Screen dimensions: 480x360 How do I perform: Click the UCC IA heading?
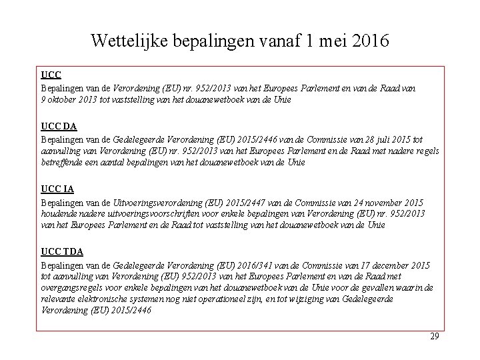[x=57, y=190]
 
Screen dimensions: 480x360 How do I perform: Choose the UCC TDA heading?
[x=61, y=252]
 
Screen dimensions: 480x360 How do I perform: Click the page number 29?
[x=434, y=337]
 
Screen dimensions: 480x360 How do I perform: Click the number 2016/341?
[x=247, y=265]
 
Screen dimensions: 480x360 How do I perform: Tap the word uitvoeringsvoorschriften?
[x=139, y=213]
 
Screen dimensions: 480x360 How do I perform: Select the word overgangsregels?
[x=71, y=287]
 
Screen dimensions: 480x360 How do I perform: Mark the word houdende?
[x=59, y=213]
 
